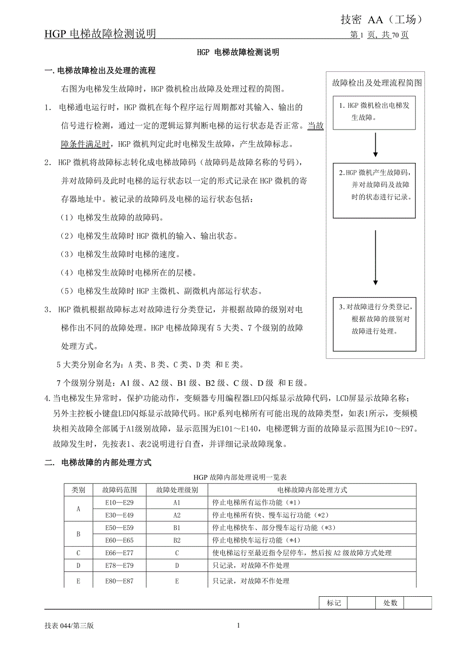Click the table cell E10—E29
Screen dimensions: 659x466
click(119, 503)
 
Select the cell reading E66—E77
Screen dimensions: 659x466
click(119, 553)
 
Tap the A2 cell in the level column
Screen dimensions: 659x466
click(177, 515)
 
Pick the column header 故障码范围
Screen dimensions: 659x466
click(119, 490)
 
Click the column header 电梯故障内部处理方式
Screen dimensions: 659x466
click(312, 490)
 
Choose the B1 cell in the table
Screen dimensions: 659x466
click(177, 528)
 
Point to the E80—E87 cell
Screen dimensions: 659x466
click(119, 581)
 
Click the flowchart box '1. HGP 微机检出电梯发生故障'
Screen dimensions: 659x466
click(374, 111)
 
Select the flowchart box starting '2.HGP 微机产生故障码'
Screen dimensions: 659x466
click(374, 190)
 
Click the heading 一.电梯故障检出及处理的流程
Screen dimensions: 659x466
click(100, 70)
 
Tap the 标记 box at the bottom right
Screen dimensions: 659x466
click(334, 603)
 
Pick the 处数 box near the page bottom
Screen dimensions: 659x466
click(390, 603)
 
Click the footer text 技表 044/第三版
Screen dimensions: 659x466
click(69, 626)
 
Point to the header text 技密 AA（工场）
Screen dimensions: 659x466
click(381, 20)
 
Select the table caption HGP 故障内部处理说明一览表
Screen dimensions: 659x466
click(240, 477)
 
